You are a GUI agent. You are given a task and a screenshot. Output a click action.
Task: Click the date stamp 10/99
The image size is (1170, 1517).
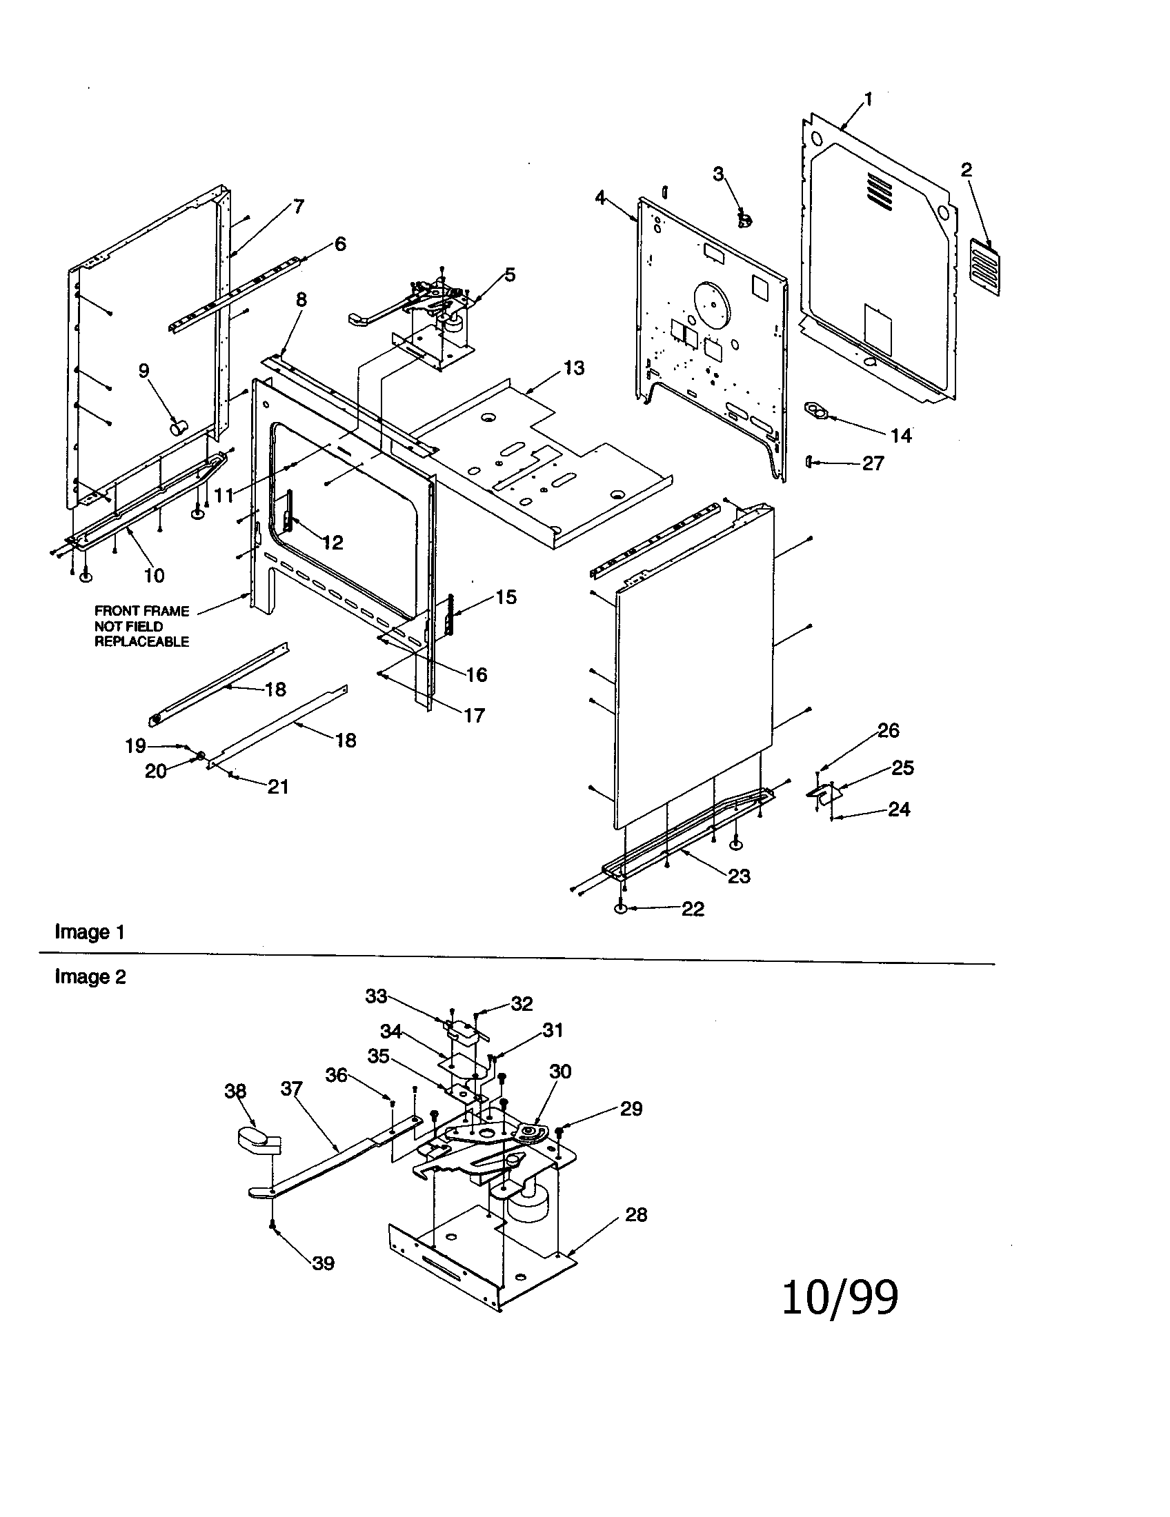(x=840, y=1297)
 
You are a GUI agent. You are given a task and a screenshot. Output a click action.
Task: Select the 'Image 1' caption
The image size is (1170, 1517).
(x=90, y=932)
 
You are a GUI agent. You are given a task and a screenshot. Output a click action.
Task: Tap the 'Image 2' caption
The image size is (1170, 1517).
(x=90, y=976)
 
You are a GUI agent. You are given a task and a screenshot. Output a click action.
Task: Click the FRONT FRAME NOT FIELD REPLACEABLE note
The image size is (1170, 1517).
(x=141, y=626)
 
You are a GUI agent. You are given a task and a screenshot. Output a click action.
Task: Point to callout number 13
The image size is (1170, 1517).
(x=574, y=368)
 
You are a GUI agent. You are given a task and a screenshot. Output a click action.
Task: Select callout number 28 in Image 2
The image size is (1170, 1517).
(x=636, y=1214)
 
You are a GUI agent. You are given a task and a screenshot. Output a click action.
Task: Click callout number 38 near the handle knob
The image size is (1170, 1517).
(x=235, y=1092)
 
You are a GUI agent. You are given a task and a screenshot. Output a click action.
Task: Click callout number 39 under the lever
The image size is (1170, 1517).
(x=323, y=1263)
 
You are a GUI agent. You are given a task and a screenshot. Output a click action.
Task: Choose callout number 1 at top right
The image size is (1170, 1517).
(x=868, y=99)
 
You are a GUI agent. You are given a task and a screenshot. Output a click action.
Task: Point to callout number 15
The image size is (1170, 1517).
(x=506, y=597)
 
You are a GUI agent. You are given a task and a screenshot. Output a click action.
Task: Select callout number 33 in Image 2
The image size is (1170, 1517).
(x=376, y=996)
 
